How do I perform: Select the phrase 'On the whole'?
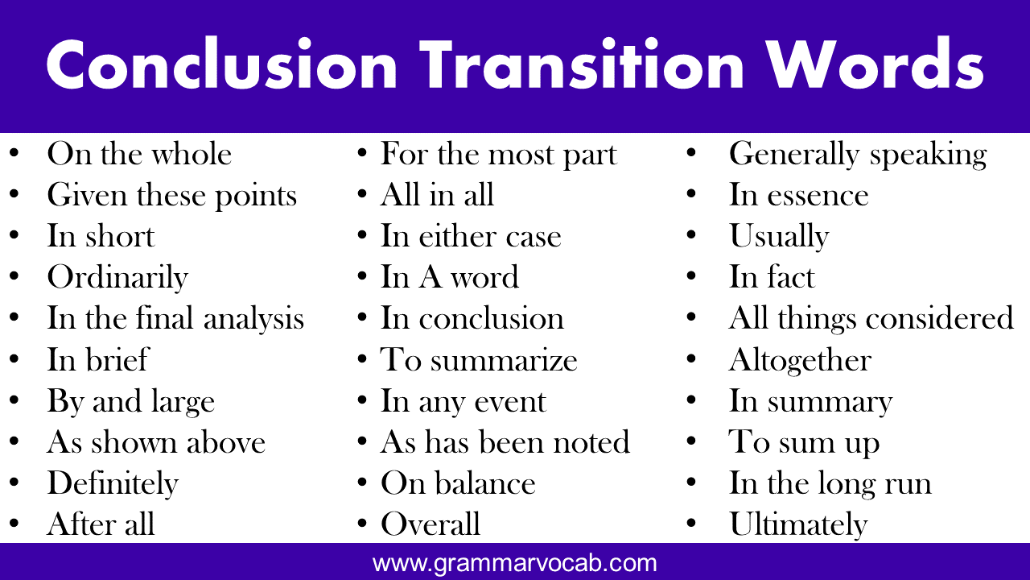pos(139,154)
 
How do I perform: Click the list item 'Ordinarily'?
pos(117,278)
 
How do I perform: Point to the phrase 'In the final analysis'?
pos(175,318)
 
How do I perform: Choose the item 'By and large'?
pos(131,401)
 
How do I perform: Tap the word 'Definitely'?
pos(113,483)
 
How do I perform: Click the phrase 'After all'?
pos(101,524)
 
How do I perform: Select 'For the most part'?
pos(499,154)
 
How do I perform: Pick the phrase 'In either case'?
pos(471,236)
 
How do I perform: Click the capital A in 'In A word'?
pos(430,277)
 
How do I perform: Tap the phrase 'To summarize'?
pos(479,359)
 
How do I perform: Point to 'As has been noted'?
pos(505,442)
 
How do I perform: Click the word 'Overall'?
pos(431,524)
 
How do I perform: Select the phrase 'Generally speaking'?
pos(858,155)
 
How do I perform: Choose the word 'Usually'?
pos(780,237)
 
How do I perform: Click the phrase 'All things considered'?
pos(871,318)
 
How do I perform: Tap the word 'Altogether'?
pos(801,360)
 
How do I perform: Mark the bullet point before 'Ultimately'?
pos(691,523)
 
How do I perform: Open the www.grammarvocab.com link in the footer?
pos(514,562)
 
